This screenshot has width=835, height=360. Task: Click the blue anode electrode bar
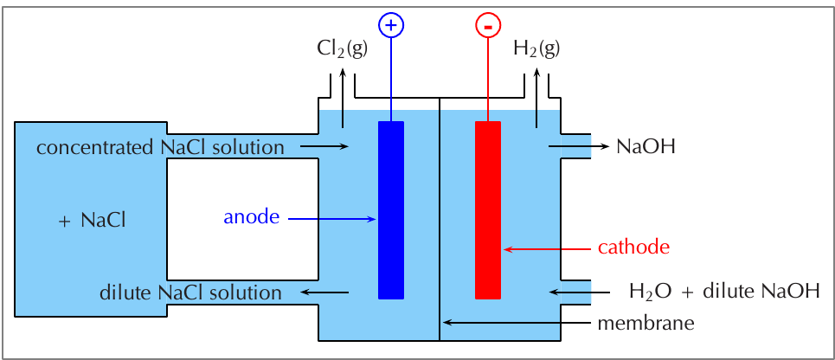(391, 210)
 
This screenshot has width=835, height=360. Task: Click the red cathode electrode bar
(488, 210)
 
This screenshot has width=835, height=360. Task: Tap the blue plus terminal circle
(391, 25)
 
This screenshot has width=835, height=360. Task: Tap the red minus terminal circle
(488, 25)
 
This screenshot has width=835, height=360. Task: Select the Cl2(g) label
(342, 49)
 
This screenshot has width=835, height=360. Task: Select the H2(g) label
(536, 49)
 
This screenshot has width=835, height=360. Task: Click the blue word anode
(251, 217)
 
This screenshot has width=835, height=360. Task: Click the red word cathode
(633, 247)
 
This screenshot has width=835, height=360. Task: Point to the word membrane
(646, 324)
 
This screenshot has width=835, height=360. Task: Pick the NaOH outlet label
(646, 146)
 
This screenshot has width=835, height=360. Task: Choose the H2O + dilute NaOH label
(724, 292)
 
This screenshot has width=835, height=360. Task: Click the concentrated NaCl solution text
(160, 147)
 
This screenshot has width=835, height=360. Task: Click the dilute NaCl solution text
(190, 292)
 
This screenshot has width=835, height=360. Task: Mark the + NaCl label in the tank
(92, 220)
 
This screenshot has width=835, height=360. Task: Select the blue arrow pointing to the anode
(331, 219)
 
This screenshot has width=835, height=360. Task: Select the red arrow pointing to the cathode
(548, 248)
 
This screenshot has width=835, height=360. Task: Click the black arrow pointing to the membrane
(517, 322)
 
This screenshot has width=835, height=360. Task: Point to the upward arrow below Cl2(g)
(343, 98)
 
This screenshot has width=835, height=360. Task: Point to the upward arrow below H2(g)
(536, 98)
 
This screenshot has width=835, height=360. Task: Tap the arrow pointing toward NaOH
(579, 146)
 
